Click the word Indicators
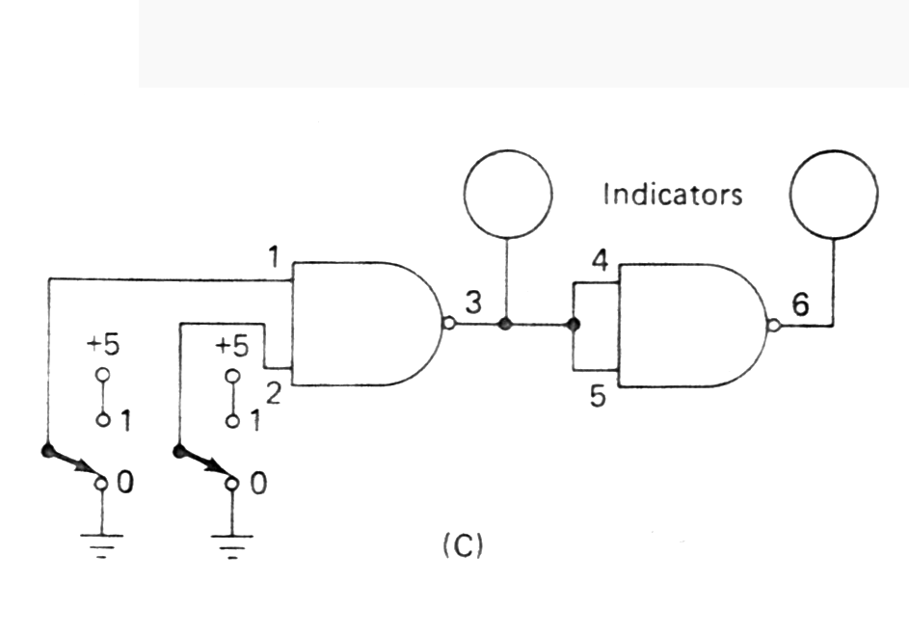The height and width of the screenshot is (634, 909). pyautogui.click(x=673, y=195)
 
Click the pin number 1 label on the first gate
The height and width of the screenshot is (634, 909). pyautogui.click(x=274, y=258)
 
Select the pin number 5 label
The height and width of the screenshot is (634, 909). pyautogui.click(x=599, y=397)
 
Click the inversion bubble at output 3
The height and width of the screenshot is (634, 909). pyautogui.click(x=448, y=324)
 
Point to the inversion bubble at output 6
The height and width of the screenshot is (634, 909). pyautogui.click(x=773, y=325)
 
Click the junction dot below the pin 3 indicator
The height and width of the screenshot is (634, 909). pyautogui.click(x=504, y=325)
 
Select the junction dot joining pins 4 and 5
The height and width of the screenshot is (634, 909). pyautogui.click(x=574, y=325)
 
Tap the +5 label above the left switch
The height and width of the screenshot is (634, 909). pyautogui.click(x=100, y=346)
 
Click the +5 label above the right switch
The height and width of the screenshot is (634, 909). pyautogui.click(x=231, y=346)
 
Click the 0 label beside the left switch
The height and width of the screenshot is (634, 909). pyautogui.click(x=125, y=483)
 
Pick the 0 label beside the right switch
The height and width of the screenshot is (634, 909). pyautogui.click(x=257, y=483)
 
